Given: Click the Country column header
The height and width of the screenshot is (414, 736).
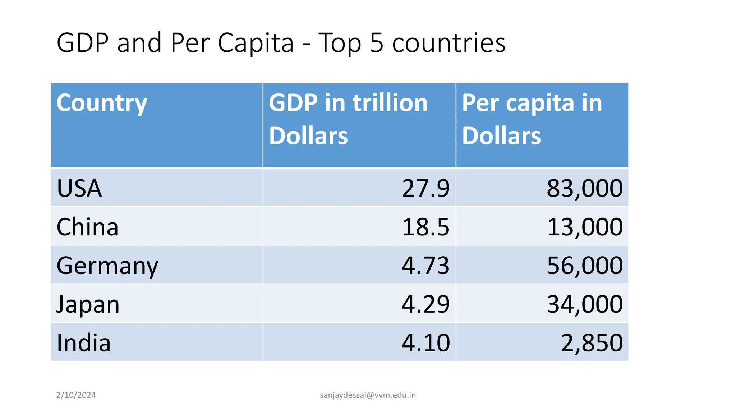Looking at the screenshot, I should pyautogui.click(x=102, y=103).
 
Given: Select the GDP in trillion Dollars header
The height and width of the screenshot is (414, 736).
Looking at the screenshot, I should pyautogui.click(x=348, y=119).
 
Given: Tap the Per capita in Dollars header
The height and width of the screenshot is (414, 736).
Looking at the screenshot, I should pyautogui.click(x=532, y=119).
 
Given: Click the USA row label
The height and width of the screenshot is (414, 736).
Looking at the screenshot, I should pyautogui.click(x=79, y=188).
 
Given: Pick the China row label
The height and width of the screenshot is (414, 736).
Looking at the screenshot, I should pyautogui.click(x=87, y=227).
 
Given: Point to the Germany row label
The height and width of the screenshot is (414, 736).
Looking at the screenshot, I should pyautogui.click(x=107, y=266).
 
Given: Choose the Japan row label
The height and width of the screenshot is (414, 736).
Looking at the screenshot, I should pyautogui.click(x=88, y=304).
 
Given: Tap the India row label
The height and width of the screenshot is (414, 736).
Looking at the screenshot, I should pyautogui.click(x=83, y=343).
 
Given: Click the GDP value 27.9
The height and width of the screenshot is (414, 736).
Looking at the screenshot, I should pyautogui.click(x=425, y=188).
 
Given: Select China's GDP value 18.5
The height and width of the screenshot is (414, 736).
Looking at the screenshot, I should pyautogui.click(x=425, y=227).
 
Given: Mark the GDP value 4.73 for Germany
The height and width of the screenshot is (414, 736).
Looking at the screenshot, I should pyautogui.click(x=425, y=266).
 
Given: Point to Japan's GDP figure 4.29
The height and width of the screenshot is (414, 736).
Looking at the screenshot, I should pyautogui.click(x=425, y=304).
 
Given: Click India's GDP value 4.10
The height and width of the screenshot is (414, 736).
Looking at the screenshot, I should pyautogui.click(x=425, y=343).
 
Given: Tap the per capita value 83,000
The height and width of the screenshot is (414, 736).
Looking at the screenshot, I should pyautogui.click(x=585, y=188).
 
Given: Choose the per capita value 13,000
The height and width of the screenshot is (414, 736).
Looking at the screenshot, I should pyautogui.click(x=585, y=227).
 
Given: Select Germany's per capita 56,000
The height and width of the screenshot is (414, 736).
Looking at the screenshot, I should pyautogui.click(x=585, y=266).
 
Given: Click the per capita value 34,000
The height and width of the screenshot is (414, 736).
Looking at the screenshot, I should pyautogui.click(x=585, y=304).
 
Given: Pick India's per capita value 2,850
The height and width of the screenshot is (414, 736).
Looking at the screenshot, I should pyautogui.click(x=592, y=343).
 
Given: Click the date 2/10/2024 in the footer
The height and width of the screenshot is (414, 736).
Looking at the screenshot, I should pyautogui.click(x=76, y=395).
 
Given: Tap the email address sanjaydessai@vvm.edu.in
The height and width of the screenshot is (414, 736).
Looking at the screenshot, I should pyautogui.click(x=368, y=395).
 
